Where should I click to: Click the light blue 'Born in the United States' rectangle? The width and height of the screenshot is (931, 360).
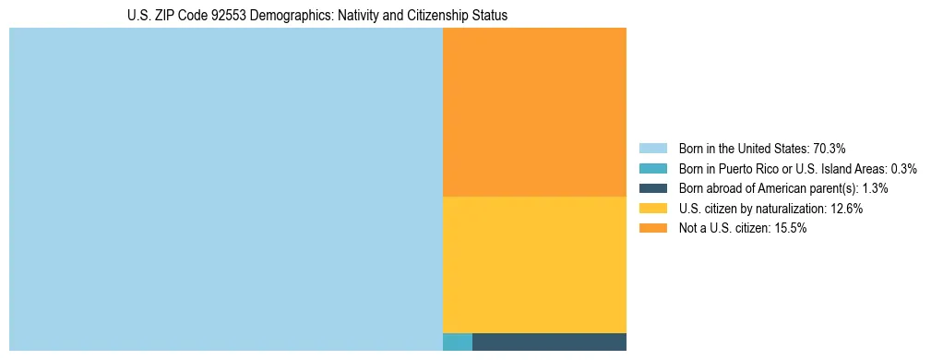(226, 189)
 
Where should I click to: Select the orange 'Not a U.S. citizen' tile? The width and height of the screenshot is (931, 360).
(534, 112)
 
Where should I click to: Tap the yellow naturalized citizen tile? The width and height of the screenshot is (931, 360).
(534, 264)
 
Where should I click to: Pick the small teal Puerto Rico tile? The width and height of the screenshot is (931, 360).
(458, 342)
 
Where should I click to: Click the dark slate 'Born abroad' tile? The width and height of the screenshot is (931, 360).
(549, 342)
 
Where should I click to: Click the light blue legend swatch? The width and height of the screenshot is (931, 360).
(652, 148)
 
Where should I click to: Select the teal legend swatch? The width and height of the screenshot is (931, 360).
(652, 168)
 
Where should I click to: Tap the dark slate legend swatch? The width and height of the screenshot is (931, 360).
(652, 188)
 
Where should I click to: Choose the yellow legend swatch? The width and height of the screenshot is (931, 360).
(652, 209)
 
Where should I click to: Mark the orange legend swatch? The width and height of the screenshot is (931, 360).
(652, 228)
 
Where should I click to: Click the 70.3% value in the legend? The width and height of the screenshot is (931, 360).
(830, 148)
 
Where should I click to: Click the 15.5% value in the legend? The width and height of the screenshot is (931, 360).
(790, 228)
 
